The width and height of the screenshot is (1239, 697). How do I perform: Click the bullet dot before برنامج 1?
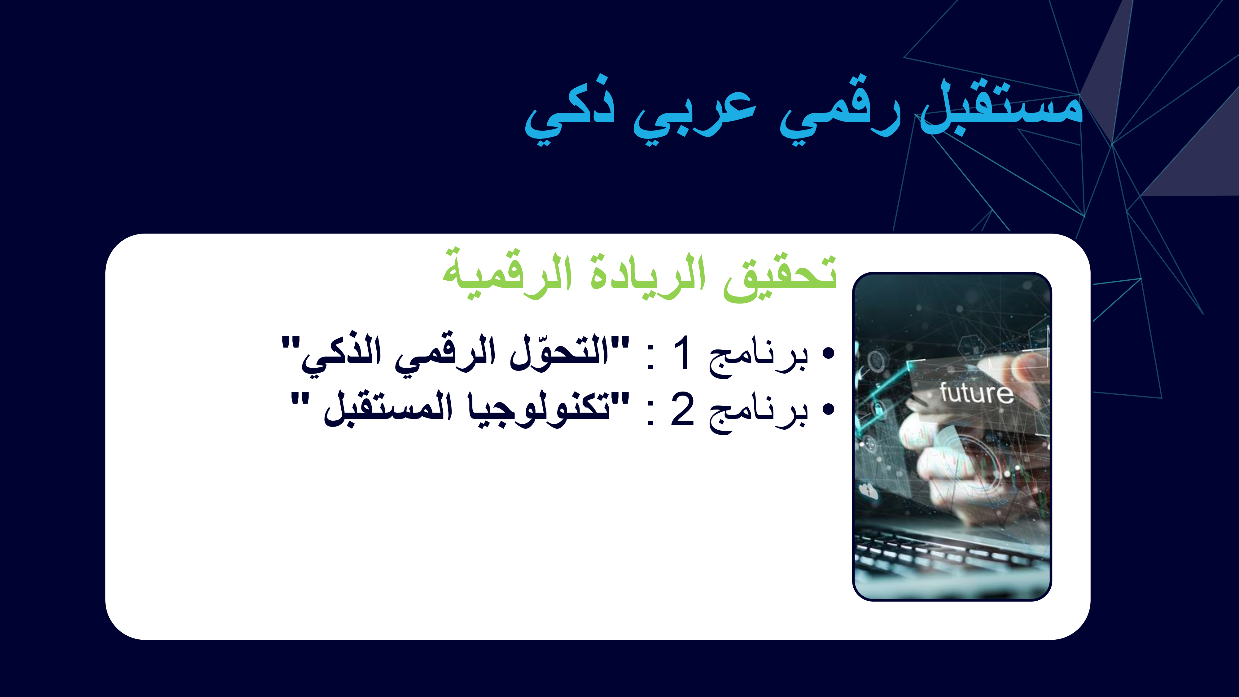point(828,353)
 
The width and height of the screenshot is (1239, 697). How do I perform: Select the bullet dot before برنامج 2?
point(828,410)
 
